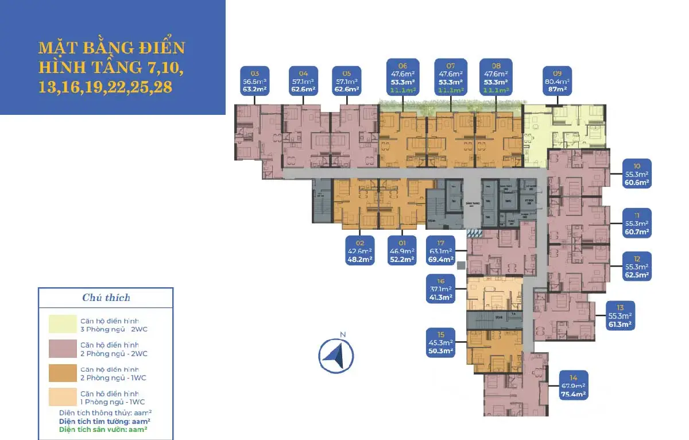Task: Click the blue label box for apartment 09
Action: (557, 81)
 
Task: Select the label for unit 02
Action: (359, 251)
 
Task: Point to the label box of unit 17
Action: (440, 251)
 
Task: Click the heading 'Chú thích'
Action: (106, 298)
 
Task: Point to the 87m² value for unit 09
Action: (557, 90)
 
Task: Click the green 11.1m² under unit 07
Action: (450, 90)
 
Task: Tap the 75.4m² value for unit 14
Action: (573, 395)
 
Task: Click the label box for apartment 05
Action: (346, 81)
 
